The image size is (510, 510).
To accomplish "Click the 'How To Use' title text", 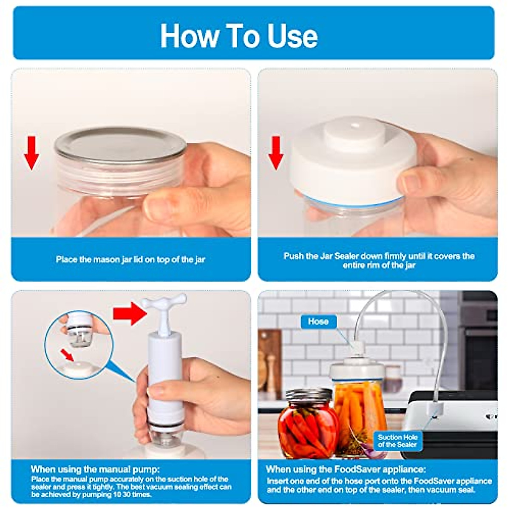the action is pos(239,35).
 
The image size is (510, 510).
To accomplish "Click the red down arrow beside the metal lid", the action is pos(31,153).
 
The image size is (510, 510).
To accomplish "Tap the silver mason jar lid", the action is pos(121,144).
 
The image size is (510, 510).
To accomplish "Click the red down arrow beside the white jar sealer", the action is pos(276,153).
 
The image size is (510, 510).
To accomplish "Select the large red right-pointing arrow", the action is pos(130,314).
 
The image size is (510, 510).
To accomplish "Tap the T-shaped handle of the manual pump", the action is pos(164,304).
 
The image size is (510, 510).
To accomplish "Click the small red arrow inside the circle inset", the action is pos(67,354).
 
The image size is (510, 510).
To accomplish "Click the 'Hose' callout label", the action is pos(318,322).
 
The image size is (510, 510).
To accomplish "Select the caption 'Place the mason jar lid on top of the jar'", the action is pos(130,259).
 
